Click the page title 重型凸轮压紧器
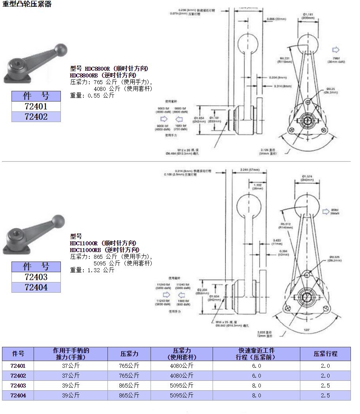(27, 4)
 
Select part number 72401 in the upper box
(36, 106)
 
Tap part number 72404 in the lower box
(36, 287)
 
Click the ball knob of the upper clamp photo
(61, 50)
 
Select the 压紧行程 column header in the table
(325, 354)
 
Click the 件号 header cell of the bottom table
(18, 354)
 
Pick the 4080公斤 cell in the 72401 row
(181, 366)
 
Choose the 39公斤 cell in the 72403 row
(71, 386)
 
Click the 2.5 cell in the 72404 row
(325, 395)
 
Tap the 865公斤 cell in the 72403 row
(129, 386)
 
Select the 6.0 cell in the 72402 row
(256, 376)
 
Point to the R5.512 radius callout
(285, 223)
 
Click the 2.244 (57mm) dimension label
(250, 170)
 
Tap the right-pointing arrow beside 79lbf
(336, 50)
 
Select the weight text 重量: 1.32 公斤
(92, 270)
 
